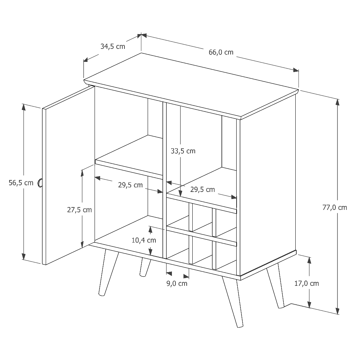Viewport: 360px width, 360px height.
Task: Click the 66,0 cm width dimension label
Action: [221, 52]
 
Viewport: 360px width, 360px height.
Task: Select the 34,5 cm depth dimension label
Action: [113, 47]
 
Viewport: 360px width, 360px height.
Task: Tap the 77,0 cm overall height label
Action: [335, 207]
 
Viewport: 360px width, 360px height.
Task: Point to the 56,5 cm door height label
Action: [21, 183]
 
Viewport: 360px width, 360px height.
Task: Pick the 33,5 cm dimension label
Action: [183, 151]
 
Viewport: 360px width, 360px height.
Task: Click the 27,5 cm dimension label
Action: [79, 210]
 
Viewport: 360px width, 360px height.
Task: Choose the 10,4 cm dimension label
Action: [144, 240]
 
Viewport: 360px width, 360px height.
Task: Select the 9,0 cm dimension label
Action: [177, 284]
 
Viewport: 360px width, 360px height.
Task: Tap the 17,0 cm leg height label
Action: [307, 284]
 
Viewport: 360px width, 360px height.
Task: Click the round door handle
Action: [40, 183]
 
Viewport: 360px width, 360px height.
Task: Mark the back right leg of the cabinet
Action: [275, 286]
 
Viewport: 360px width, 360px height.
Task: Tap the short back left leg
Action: [145, 267]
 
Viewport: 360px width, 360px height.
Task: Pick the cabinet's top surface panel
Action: [191, 86]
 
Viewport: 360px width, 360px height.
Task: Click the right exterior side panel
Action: [268, 185]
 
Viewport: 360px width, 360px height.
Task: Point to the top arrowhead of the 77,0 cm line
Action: [337, 102]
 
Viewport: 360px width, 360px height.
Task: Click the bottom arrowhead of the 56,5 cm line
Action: [24, 256]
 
